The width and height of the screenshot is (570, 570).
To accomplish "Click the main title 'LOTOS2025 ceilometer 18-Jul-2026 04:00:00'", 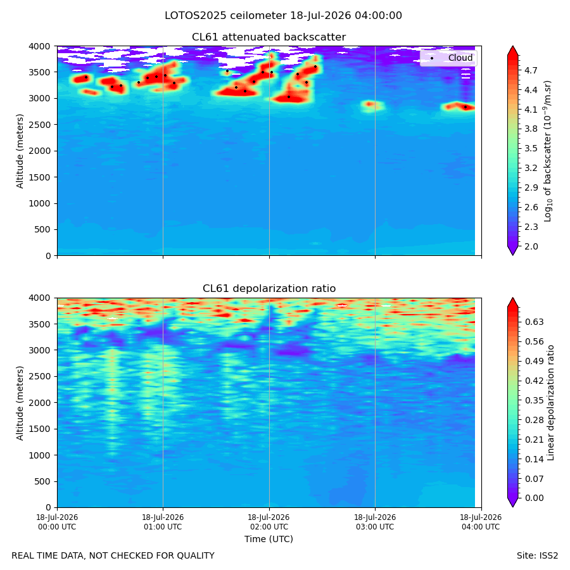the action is point(283,16).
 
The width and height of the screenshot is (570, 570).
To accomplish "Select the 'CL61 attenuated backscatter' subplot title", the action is point(269,37).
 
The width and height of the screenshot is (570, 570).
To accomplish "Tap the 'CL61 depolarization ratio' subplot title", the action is point(269,289).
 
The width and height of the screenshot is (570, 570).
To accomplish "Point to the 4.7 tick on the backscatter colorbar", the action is point(531,70).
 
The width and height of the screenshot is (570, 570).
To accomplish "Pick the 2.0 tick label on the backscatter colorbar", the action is point(531,246).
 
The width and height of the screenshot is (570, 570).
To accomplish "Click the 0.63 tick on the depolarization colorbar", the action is point(534,322).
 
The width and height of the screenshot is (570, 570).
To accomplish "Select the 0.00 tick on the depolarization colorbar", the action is point(534,498).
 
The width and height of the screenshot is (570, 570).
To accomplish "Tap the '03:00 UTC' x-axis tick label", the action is point(375,527).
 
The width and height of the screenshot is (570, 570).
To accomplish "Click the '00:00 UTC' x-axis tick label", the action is point(57,527).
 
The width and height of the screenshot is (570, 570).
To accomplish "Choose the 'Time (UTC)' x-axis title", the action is point(269,539).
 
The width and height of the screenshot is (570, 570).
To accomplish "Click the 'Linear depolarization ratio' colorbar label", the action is point(550,403).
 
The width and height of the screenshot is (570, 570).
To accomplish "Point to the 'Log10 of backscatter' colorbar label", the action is point(547,151).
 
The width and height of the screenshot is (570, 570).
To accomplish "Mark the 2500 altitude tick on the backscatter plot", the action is point(40,125).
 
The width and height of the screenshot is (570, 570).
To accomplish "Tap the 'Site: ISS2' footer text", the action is point(537,555).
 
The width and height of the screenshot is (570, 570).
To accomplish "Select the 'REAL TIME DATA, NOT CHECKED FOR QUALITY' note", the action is point(113,555).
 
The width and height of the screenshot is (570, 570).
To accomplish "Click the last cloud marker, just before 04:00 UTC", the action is point(465,107).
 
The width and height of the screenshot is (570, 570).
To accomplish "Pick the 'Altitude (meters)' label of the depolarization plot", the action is point(20,403).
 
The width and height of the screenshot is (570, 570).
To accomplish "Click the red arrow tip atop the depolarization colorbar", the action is point(512,298).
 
